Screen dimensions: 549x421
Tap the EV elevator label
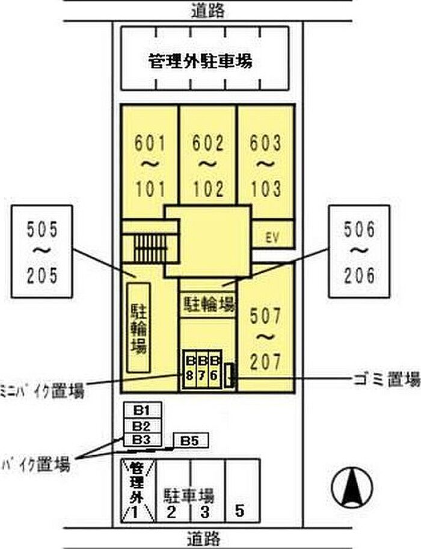pyautogui.click(x=272, y=237)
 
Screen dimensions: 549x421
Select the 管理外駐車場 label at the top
pyautogui.click(x=200, y=61)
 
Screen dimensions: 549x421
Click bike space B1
pyautogui.click(x=142, y=411)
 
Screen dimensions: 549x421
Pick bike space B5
pyautogui.click(x=190, y=441)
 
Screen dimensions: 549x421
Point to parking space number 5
pyautogui.click(x=240, y=512)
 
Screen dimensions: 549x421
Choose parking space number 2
pyautogui.click(x=171, y=512)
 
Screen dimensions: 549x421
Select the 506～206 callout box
pyautogui.click(x=360, y=251)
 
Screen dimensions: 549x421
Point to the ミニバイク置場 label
pyautogui.click(x=42, y=390)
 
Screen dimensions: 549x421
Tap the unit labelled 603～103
pyautogui.click(x=265, y=165)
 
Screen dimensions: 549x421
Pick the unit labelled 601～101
pyautogui.click(x=149, y=165)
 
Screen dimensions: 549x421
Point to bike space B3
pyautogui.click(x=142, y=440)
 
